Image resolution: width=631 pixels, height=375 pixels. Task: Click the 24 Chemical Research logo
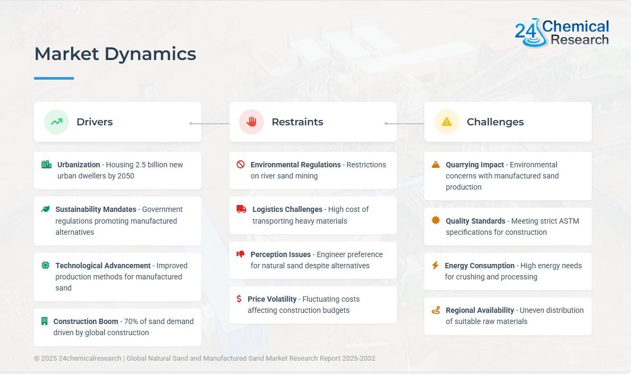point(562,32)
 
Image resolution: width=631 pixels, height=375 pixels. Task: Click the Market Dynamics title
point(115,54)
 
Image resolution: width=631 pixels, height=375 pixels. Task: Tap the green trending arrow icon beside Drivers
point(57,122)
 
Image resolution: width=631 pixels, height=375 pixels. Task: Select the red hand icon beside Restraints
point(252,122)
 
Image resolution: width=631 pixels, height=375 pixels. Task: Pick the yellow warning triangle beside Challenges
point(447,122)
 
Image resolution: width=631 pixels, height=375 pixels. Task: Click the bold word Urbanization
point(79,165)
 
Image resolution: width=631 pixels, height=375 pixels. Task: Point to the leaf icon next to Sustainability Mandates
point(46,209)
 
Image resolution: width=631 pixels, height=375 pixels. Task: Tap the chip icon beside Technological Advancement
point(46,265)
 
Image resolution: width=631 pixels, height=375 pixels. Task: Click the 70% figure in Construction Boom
point(131,321)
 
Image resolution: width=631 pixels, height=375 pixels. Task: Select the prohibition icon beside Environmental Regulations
point(241,164)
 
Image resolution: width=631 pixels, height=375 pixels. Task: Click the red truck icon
point(242,209)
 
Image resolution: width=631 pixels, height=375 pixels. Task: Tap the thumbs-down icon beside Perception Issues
point(241,254)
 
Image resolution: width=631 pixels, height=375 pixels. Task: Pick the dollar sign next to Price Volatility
point(239,299)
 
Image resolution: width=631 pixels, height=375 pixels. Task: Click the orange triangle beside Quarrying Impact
point(436,164)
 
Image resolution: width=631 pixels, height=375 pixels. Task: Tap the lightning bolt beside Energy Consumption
point(435,265)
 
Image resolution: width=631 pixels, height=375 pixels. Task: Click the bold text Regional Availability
point(480,310)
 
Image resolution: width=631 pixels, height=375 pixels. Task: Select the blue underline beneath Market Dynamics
point(54,78)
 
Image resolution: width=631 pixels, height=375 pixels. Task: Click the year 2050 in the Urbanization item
point(125,176)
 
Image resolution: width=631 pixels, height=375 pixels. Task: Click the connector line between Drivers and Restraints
point(210,124)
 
